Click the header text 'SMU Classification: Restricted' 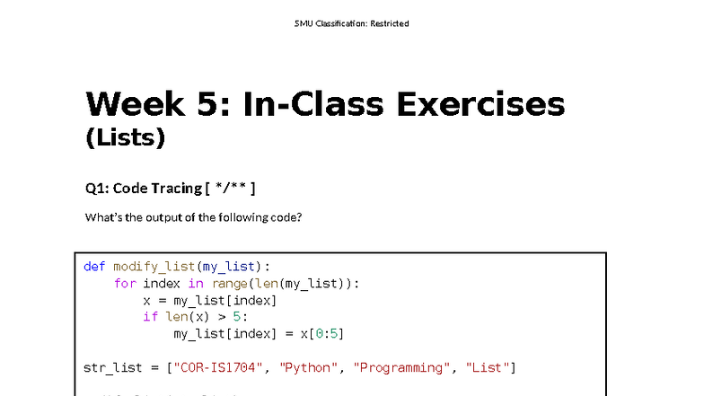[351, 23]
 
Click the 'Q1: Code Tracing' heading [143, 188]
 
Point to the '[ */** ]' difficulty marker [231, 188]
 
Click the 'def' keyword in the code [94, 266]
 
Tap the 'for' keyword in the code [125, 283]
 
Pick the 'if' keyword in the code [150, 317]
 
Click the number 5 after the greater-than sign [241, 317]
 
